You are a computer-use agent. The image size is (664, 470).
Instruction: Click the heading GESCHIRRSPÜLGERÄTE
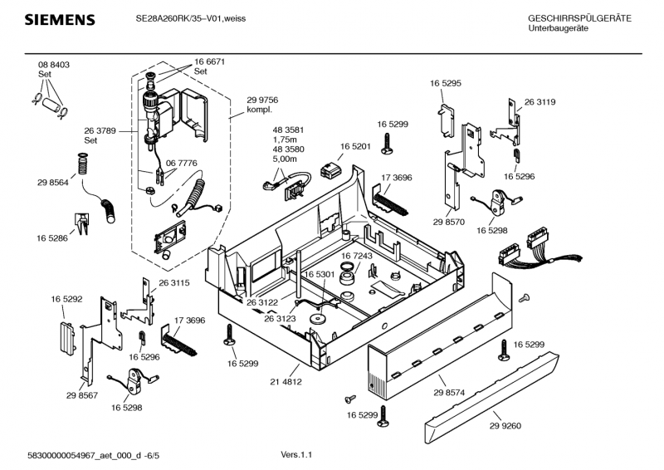click(x=579, y=18)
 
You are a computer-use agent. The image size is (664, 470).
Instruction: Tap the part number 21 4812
click(x=286, y=382)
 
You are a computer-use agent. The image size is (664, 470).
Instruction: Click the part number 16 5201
click(x=354, y=146)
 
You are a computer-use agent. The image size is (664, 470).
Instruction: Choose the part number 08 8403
click(x=53, y=65)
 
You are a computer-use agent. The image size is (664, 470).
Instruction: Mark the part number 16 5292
click(x=66, y=299)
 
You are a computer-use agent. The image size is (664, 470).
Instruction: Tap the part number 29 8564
click(x=52, y=182)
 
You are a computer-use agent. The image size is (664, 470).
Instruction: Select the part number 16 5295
click(x=445, y=84)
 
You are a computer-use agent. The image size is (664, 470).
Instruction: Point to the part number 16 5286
click(x=51, y=238)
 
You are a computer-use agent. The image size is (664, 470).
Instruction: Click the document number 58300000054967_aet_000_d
click(x=85, y=454)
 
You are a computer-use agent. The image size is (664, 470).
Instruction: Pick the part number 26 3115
click(x=174, y=283)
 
